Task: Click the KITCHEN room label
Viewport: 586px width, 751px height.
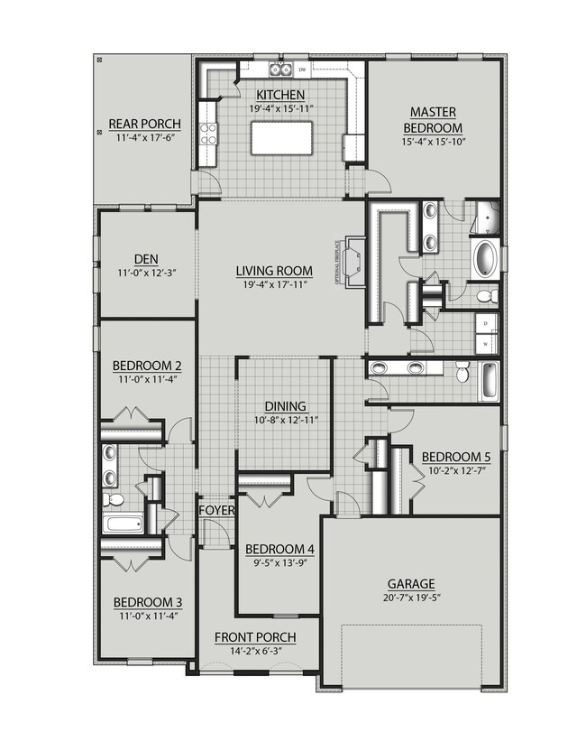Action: tap(279, 95)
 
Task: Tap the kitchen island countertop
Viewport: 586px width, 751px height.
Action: tap(282, 138)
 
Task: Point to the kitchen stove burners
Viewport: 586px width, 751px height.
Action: tap(208, 134)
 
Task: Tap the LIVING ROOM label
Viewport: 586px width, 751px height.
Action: tap(274, 271)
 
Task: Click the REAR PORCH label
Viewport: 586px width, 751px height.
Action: tap(144, 124)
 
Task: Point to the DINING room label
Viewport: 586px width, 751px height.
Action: tap(285, 406)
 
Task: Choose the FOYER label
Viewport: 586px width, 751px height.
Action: tap(217, 511)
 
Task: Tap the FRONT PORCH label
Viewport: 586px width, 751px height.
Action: tap(255, 637)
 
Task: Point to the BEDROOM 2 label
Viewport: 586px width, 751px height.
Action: tap(147, 366)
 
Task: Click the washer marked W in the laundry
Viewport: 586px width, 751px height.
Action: tap(485, 343)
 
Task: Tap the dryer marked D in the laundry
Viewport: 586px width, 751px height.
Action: tap(485, 322)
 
